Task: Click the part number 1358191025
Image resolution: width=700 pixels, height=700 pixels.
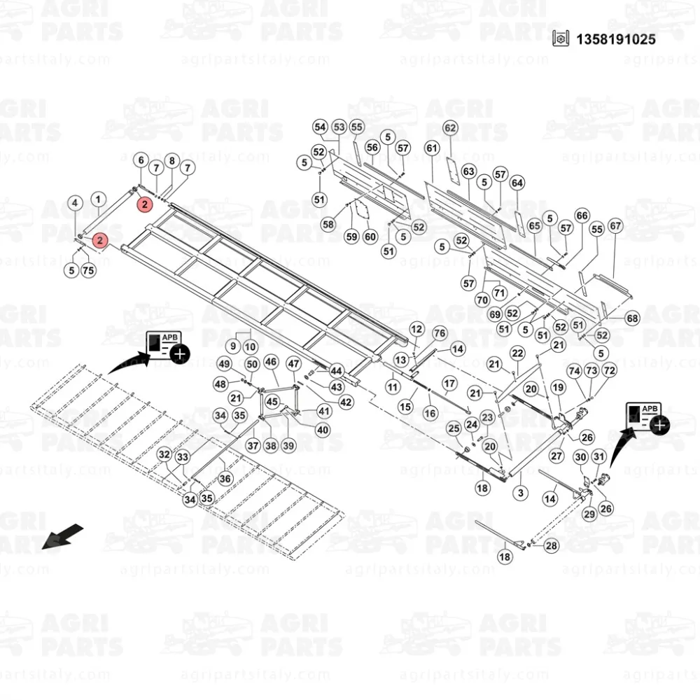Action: point(615,39)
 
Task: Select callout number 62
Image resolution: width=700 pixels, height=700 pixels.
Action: point(450,128)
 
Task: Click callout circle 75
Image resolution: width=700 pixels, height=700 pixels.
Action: point(87,270)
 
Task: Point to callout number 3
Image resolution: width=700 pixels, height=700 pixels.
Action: point(521,493)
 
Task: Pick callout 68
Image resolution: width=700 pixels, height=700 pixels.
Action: point(633,318)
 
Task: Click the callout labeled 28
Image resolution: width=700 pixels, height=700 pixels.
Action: point(552,546)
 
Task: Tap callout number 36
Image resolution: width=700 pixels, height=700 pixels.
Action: point(225,478)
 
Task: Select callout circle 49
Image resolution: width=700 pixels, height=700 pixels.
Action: point(224,364)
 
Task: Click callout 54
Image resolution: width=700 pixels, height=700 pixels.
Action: point(320,127)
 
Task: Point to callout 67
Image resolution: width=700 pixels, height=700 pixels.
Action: point(615,226)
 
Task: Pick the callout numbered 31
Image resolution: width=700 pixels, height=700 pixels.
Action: point(598,457)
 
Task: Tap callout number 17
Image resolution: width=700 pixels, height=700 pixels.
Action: point(449,384)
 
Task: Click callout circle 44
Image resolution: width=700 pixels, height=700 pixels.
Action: point(336,370)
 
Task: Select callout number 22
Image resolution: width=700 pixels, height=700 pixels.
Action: point(517,353)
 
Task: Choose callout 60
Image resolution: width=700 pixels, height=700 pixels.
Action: point(370,237)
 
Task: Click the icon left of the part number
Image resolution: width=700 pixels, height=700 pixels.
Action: point(559,39)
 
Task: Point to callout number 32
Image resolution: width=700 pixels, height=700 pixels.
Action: point(164,455)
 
